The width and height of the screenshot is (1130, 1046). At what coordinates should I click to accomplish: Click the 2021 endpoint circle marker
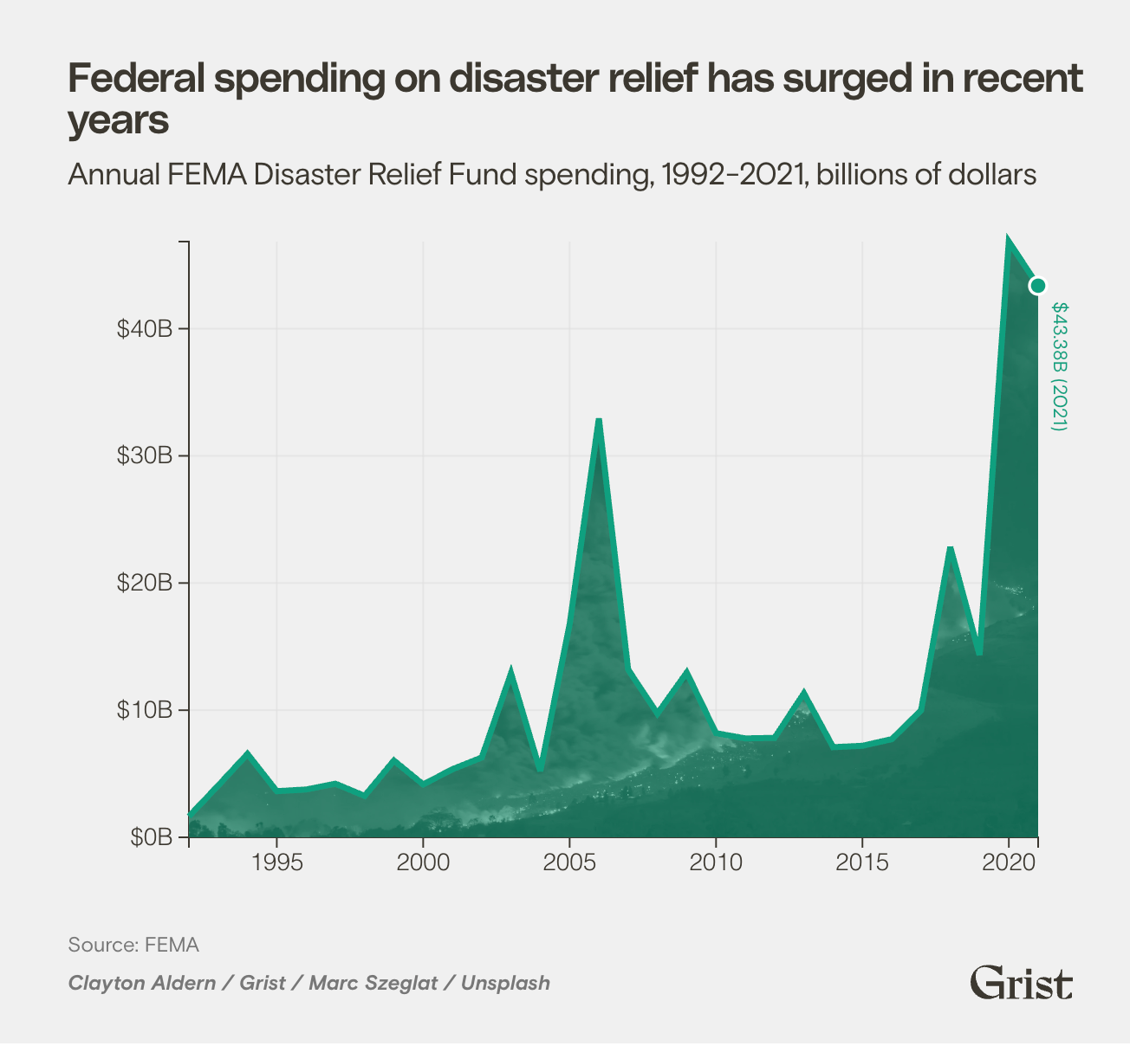(x=1037, y=286)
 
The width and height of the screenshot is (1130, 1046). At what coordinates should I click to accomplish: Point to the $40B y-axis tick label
(x=146, y=329)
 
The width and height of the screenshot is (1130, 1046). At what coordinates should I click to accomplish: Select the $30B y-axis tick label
(x=146, y=456)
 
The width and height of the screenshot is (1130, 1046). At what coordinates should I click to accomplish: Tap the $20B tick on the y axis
(x=146, y=583)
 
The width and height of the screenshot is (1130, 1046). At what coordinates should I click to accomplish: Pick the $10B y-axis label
(x=146, y=710)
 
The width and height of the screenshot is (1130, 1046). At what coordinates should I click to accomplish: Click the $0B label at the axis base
(x=152, y=837)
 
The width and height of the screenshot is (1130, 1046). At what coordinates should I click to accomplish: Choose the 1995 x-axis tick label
(x=276, y=862)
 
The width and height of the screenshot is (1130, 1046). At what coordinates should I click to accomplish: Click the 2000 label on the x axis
(x=423, y=862)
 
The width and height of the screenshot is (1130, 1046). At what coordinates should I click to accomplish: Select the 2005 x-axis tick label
(x=569, y=862)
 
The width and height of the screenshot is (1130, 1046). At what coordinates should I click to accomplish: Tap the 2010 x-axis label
(x=716, y=862)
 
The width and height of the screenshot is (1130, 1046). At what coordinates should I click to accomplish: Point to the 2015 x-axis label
(x=862, y=862)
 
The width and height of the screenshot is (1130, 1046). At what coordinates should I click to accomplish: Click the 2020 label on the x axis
(x=1009, y=862)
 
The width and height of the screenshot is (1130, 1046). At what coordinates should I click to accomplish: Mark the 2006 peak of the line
(x=599, y=420)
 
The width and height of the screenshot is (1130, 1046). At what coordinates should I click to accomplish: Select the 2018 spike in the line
(x=950, y=549)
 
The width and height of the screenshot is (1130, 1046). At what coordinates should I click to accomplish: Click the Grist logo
(x=1021, y=982)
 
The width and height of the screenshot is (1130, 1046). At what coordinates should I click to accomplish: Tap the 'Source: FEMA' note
(x=133, y=944)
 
